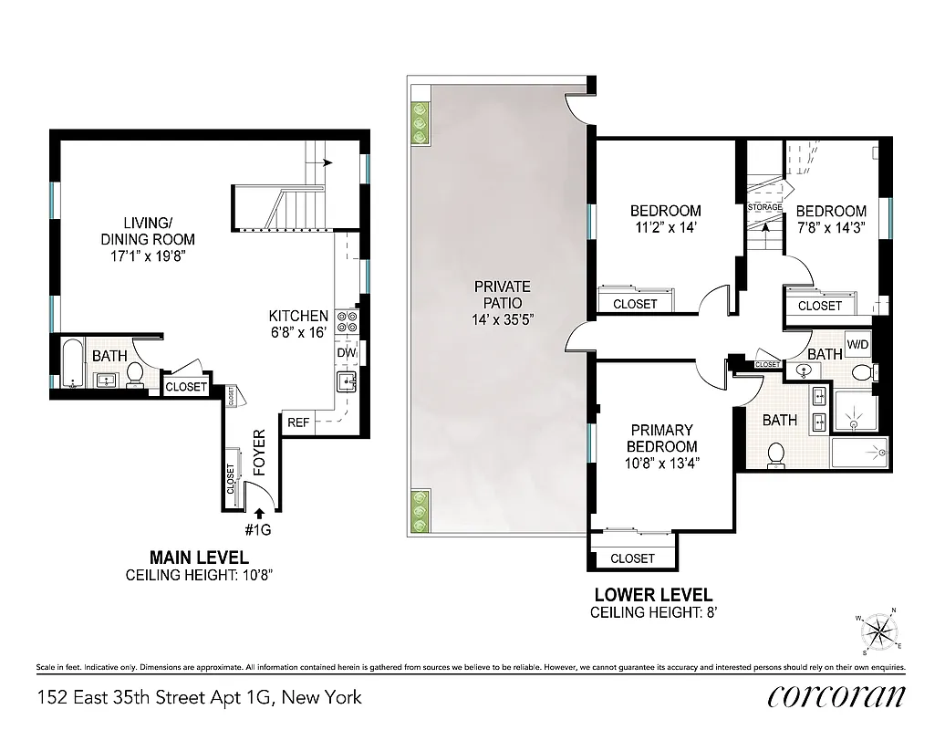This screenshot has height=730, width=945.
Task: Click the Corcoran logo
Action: tap(836, 696)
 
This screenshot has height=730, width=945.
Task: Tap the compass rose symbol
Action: tap(878, 631)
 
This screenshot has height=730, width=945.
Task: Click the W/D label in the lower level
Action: tap(857, 344)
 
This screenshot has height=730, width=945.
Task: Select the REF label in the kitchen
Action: tap(298, 422)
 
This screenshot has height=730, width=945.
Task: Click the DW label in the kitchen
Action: tap(346, 352)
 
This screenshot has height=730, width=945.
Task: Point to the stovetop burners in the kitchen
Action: tap(347, 320)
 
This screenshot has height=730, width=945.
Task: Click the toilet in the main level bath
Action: tap(134, 372)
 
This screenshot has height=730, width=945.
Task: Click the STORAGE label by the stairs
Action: tap(764, 207)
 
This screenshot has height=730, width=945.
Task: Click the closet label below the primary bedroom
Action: tap(632, 558)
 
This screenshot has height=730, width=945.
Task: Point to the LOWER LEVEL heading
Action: tap(653, 594)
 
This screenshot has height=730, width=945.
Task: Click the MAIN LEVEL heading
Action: tap(199, 557)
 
